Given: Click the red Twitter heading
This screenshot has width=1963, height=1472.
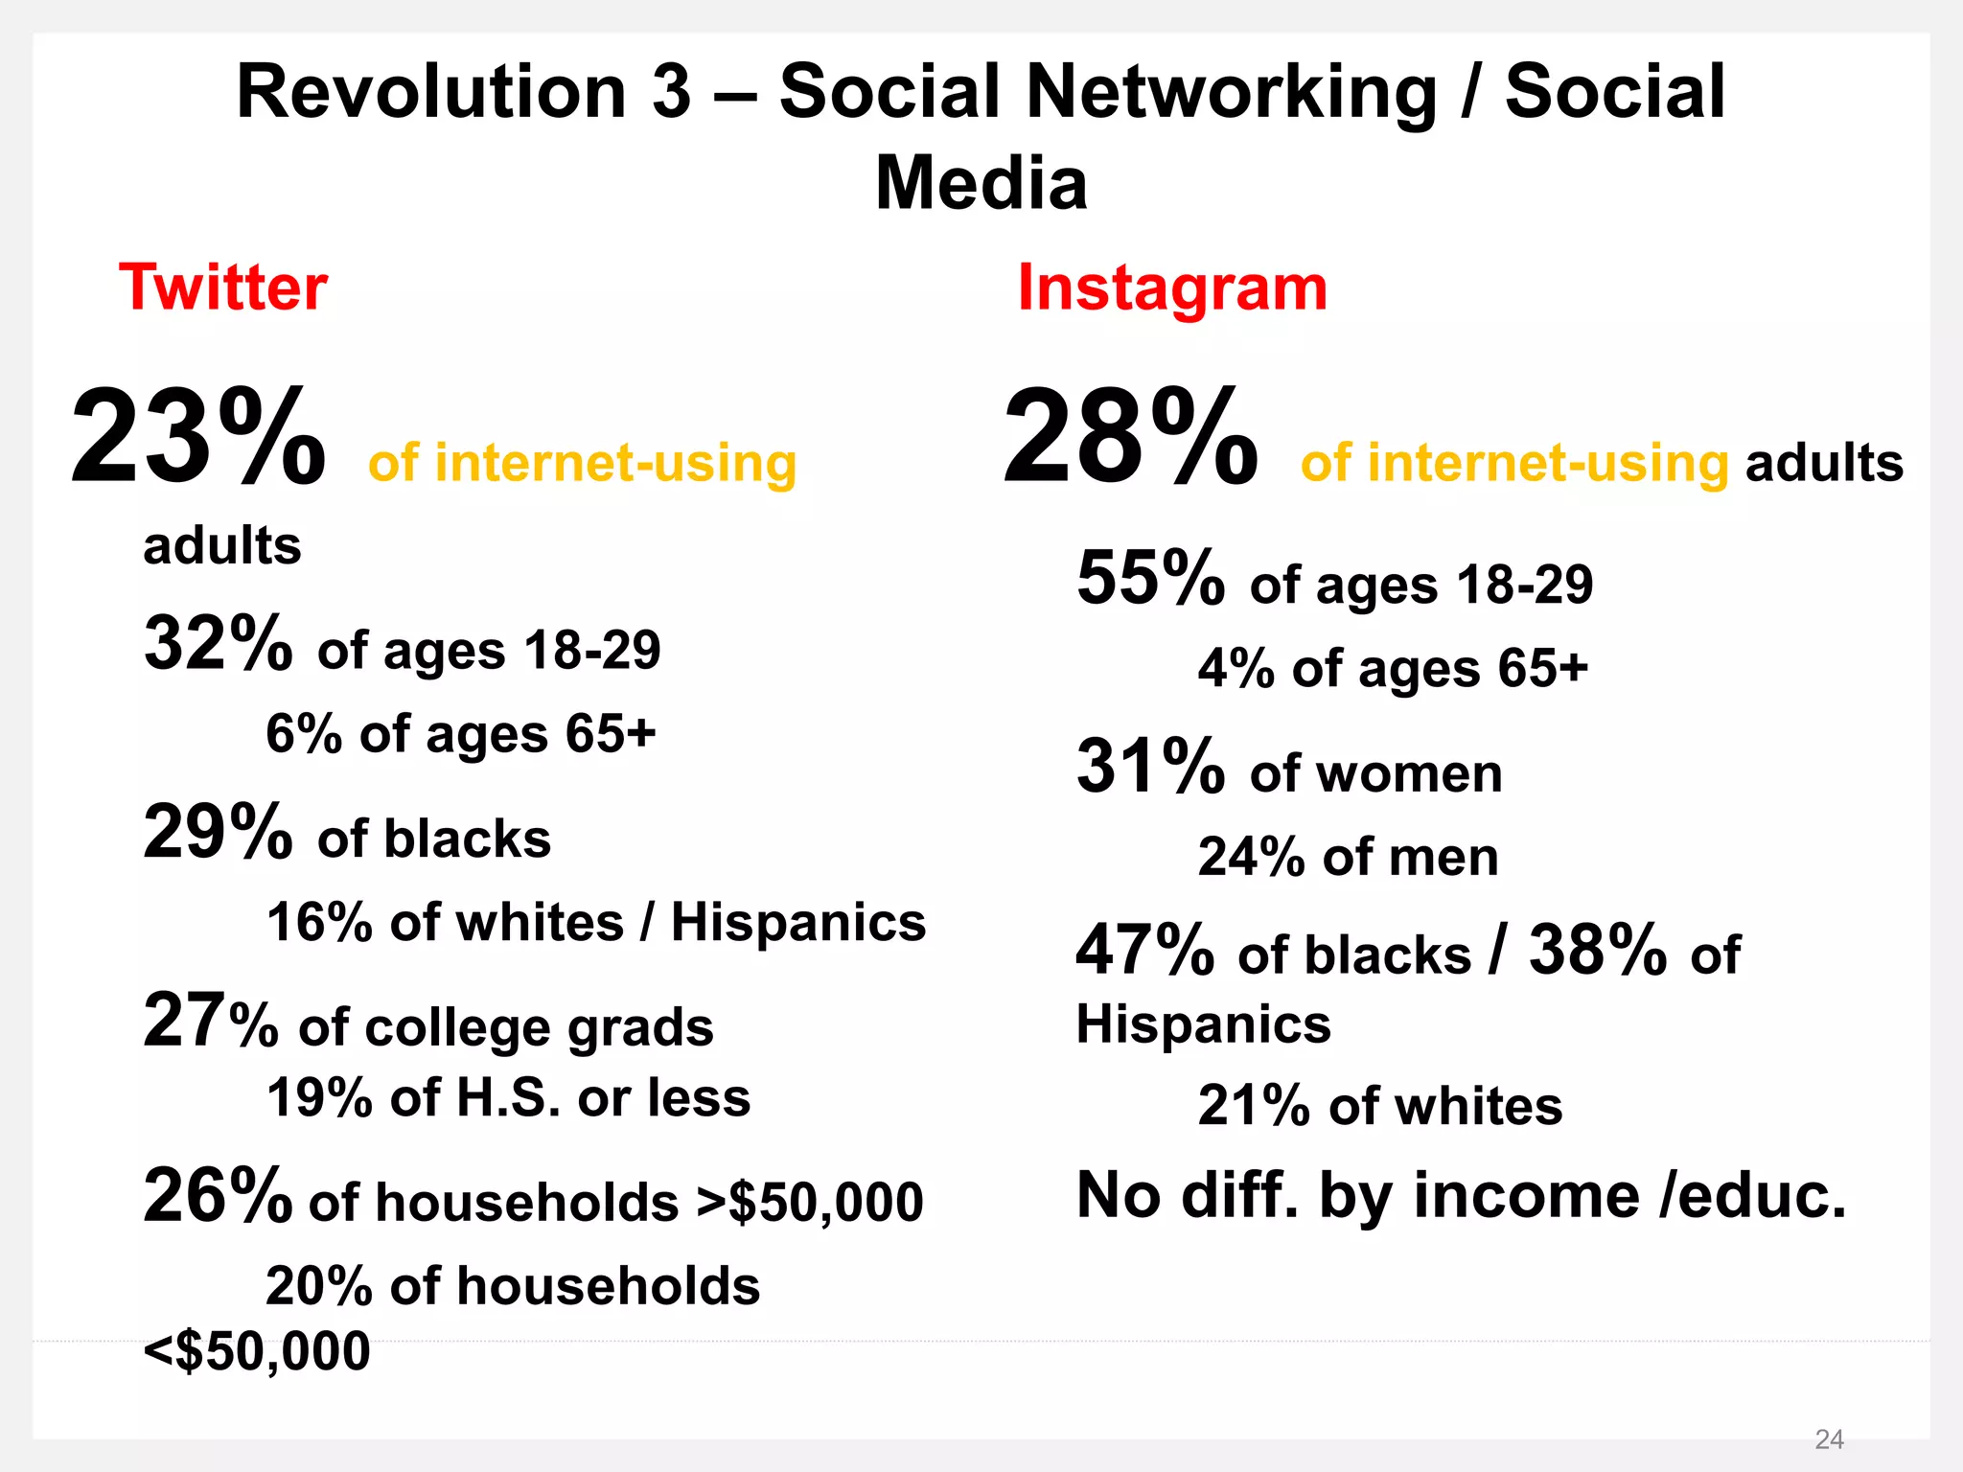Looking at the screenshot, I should [222, 287].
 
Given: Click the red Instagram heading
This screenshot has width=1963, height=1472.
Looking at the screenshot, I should [1172, 287].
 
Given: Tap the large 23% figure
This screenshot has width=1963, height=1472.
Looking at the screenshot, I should [198, 438].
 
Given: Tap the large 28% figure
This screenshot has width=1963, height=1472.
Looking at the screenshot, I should [1130, 438].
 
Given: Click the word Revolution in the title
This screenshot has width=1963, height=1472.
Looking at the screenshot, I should [430, 92].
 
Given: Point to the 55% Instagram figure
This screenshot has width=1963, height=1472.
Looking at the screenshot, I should [1149, 579].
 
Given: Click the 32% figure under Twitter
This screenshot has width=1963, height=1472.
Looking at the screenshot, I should [218, 644].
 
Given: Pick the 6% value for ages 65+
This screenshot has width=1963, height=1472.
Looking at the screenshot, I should [303, 735].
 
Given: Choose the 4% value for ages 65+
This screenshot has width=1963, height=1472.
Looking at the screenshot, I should [1236, 669].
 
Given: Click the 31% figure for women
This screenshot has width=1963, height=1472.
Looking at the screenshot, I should [1149, 767].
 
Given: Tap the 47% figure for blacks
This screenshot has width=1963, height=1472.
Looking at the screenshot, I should [1145, 951].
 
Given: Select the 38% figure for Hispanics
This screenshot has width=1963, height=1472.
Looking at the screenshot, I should [1598, 951].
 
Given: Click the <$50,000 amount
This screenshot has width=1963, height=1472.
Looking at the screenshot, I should [257, 1351].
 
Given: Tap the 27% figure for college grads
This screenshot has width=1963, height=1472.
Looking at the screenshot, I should [210, 1022].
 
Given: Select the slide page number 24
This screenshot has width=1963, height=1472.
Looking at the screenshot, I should [1829, 1438].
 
